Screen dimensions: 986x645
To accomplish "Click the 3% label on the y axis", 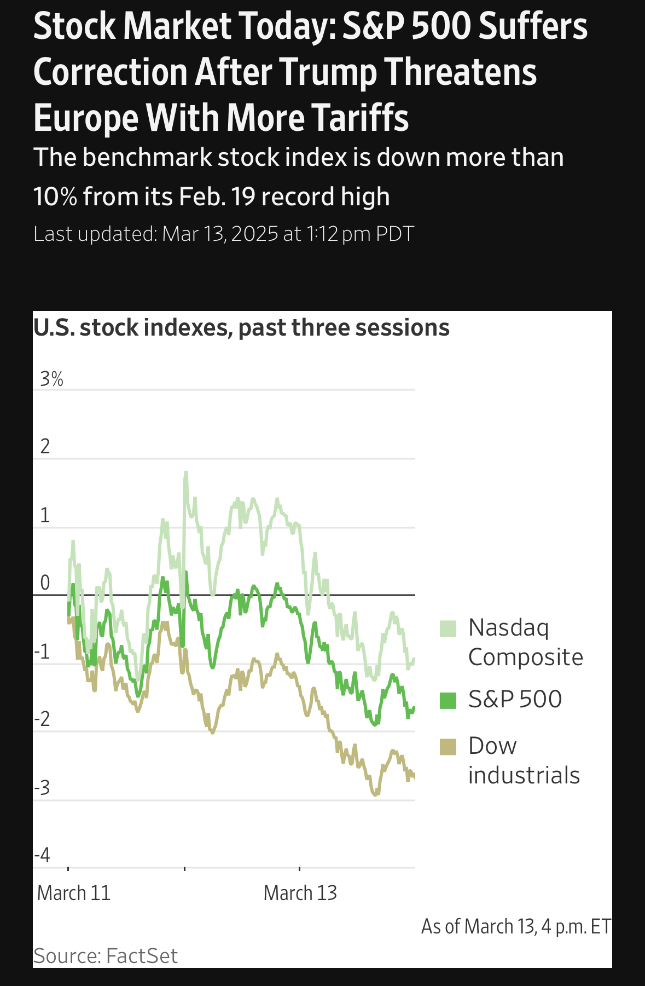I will (x=51, y=379).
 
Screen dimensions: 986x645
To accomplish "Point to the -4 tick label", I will (x=42, y=855).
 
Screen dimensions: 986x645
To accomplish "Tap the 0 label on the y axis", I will (x=45, y=583).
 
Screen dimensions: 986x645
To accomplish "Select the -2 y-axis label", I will (x=42, y=719).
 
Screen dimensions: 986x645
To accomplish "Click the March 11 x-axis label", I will (x=74, y=893).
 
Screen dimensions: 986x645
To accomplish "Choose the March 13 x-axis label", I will (x=300, y=893).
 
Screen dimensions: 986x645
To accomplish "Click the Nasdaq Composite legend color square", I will (x=448, y=628).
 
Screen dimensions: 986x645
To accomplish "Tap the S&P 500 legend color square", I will (x=448, y=700).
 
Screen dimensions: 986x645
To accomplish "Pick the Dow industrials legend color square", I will (x=448, y=747).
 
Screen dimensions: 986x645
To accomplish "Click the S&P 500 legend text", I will (x=515, y=699).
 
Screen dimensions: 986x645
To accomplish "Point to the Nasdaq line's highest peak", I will (x=186, y=472).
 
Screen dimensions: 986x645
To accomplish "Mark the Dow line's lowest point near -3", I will (x=375, y=794).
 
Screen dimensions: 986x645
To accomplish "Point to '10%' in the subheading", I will (x=55, y=197).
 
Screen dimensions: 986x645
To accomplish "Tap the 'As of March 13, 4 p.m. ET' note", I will (x=516, y=926).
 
